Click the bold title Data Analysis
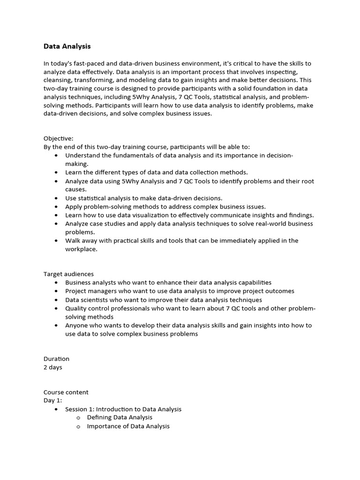coord(67,46)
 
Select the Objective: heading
coord(59,138)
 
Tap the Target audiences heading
coord(68,274)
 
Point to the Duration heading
coord(56,359)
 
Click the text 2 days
coord(52,367)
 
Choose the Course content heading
coord(66,392)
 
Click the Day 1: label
coord(52,401)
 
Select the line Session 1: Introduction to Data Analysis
coord(123,409)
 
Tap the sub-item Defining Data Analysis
coord(120,417)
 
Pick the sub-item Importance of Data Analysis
coord(128,426)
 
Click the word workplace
coord(81,249)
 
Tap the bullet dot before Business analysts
coord(57,283)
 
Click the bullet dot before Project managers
coord(57,291)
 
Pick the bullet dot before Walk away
coord(57,241)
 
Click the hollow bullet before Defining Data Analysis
coord(79,418)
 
